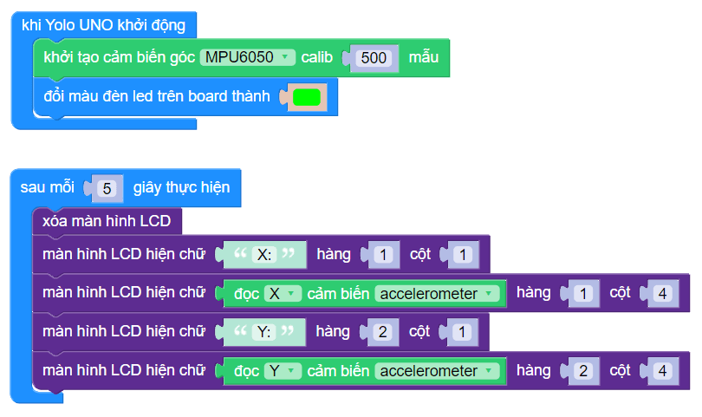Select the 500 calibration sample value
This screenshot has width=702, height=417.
click(374, 58)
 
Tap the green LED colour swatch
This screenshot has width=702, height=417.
click(306, 97)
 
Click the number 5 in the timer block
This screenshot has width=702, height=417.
click(107, 188)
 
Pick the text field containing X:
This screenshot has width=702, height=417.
click(264, 255)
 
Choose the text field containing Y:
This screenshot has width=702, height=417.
click(264, 332)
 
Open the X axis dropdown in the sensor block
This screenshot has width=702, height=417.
click(282, 294)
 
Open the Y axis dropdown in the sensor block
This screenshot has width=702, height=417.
click(282, 371)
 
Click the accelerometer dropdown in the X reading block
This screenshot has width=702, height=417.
click(439, 294)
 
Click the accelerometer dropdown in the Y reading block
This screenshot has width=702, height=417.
click(439, 371)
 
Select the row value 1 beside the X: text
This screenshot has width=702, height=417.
click(386, 255)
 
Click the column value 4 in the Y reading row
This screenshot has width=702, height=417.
click(662, 371)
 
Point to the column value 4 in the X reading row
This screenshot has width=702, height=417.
click(662, 294)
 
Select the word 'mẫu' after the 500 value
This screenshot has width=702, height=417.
click(425, 57)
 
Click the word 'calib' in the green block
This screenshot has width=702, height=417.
click(319, 57)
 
